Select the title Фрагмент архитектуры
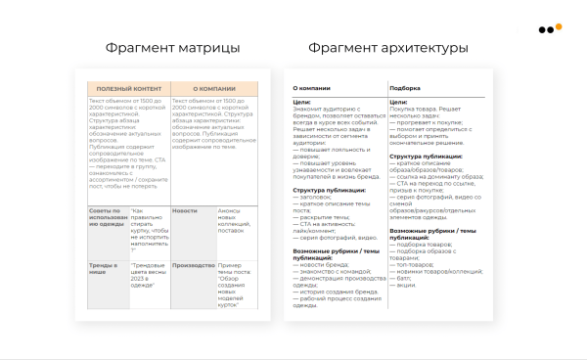387,48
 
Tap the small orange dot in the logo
559,26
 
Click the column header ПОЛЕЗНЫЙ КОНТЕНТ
127,88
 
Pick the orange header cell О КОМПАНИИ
214,88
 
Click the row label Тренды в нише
103,269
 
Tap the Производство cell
193,264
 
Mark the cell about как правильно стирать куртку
150,232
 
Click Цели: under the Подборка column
398,102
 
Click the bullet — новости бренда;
321,264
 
